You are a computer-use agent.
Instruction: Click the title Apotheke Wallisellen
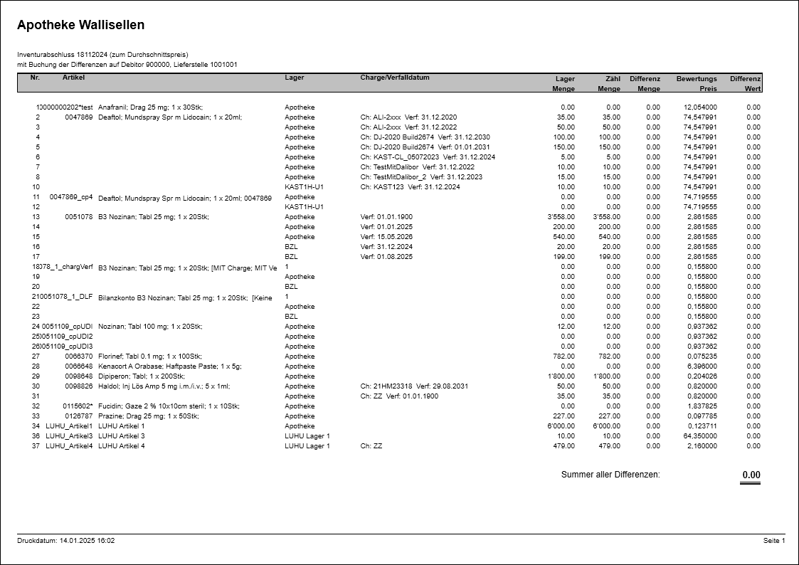pos(80,25)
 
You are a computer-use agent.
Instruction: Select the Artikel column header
pos(73,78)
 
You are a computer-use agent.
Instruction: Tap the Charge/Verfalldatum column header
pos(395,78)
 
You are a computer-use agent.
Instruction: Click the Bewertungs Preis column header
pos(697,83)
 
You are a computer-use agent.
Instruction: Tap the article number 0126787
pos(79,416)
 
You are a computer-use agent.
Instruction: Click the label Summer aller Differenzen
pos(610,475)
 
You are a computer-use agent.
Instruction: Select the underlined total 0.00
pos(751,475)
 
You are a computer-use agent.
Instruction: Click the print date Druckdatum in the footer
pos(66,541)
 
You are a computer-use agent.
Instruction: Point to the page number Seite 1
pos(774,541)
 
